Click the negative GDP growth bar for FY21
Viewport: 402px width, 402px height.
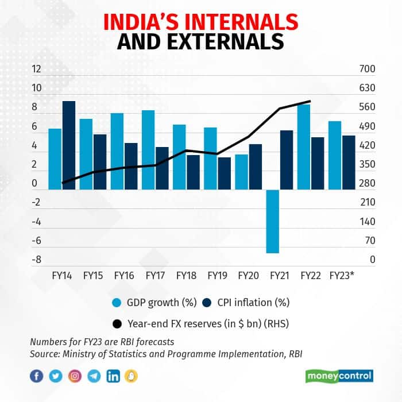[x=272, y=221]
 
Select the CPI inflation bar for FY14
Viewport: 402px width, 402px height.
[x=69, y=145]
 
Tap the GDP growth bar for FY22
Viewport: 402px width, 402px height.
[x=304, y=147]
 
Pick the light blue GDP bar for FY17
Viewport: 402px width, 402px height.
[x=148, y=150]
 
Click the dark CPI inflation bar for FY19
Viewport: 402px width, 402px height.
[x=224, y=173]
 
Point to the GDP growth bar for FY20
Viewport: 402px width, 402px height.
[x=241, y=172]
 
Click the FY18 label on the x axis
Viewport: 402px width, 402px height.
[x=186, y=275]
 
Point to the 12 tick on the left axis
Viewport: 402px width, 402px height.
[x=37, y=69]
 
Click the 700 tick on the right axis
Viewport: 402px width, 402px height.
[x=367, y=69]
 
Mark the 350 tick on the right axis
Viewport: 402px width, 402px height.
[x=367, y=164]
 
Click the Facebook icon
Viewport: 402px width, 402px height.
[x=36, y=376]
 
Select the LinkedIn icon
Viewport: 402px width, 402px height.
[x=113, y=376]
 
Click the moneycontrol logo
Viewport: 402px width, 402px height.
[x=339, y=376]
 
